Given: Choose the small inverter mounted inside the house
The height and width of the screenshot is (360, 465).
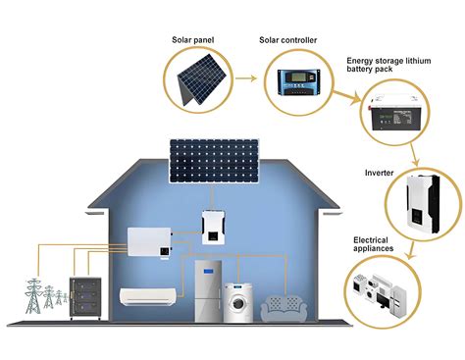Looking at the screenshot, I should pos(217,227).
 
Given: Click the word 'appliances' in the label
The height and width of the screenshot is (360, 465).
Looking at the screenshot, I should pos(374,248).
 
